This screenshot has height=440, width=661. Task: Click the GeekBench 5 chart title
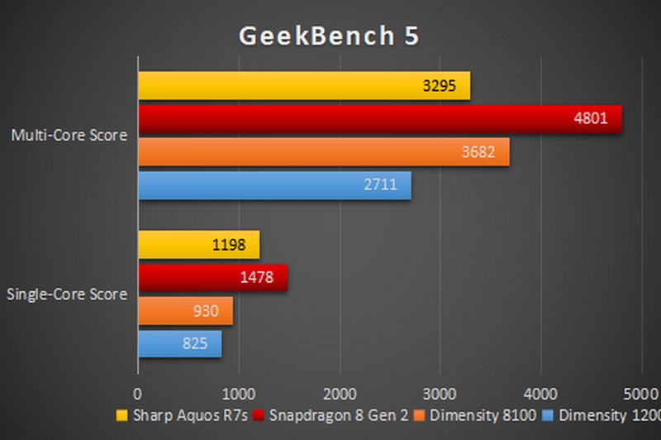click(x=330, y=36)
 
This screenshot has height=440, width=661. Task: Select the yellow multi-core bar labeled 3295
click(x=303, y=86)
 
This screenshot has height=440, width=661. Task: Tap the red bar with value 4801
click(x=379, y=119)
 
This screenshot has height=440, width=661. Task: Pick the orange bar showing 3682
click(x=323, y=152)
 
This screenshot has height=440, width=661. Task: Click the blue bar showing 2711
click(x=274, y=185)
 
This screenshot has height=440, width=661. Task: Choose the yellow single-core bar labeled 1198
click(x=198, y=245)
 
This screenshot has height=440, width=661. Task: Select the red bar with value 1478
click(x=212, y=278)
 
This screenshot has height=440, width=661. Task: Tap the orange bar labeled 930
click(x=185, y=311)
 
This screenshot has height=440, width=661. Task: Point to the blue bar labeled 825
click(x=179, y=344)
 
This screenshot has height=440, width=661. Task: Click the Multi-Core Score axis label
click(x=69, y=135)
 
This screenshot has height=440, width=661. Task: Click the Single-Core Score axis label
click(x=67, y=294)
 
